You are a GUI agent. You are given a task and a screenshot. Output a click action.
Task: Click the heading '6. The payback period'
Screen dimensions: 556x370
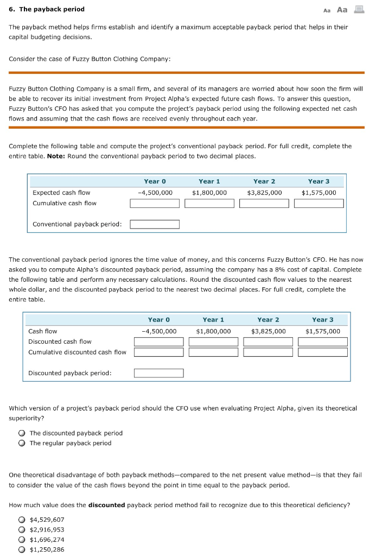[47, 9]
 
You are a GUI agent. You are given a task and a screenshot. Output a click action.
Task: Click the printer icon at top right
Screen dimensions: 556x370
[359, 9]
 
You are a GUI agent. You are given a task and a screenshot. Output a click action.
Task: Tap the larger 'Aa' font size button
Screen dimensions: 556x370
[342, 9]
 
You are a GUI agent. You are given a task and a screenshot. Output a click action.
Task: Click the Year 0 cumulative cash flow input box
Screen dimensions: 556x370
[155, 203]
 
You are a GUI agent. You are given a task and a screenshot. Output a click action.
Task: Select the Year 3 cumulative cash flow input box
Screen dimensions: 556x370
[319, 203]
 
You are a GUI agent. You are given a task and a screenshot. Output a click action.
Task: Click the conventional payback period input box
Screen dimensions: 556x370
[155, 224]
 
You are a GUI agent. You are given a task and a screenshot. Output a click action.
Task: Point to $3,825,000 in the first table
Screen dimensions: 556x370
[264, 192]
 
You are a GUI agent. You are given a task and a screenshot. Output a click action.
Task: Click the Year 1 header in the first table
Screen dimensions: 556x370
[209, 181]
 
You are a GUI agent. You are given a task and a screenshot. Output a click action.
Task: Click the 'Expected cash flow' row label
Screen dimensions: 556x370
[61, 192]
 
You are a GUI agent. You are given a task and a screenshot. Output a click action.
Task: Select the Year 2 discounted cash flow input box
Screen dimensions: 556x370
[268, 342]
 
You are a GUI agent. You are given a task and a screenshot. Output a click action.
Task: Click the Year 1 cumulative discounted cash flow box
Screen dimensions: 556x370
[213, 352]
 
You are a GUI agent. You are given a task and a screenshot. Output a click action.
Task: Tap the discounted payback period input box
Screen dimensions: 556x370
[159, 373]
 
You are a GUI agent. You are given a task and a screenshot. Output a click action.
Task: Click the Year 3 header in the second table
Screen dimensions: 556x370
[323, 320]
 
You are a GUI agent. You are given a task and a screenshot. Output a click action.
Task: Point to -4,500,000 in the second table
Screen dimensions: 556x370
[159, 331]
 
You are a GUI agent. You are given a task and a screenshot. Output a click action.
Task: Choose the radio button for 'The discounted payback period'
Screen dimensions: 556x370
[21, 433]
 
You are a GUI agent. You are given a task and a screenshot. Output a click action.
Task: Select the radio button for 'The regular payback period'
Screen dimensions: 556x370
[21, 443]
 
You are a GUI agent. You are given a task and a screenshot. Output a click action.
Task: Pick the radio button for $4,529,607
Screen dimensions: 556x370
[21, 520]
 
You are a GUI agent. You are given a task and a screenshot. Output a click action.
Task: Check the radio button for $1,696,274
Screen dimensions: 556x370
[21, 540]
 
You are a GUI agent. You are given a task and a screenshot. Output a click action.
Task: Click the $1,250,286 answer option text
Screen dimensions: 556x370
[47, 549]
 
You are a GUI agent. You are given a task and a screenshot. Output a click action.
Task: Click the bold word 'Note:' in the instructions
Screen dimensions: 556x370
[56, 156]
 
